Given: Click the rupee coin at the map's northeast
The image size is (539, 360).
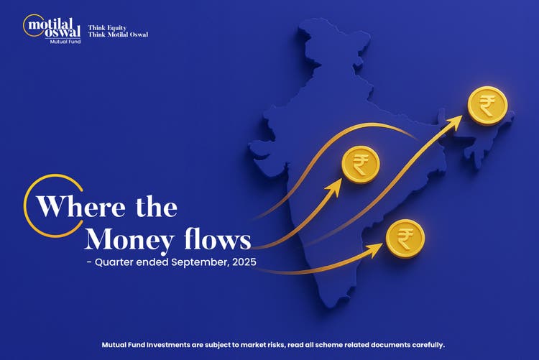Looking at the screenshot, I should pos(487,106).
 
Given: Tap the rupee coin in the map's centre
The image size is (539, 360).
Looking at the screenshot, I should pos(361,164).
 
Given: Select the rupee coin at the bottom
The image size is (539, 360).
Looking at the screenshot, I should pos(405,239).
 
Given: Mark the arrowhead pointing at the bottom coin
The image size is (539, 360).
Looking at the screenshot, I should pos(377,249).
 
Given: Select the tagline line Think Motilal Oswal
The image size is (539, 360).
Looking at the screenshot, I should pos(118,34).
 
